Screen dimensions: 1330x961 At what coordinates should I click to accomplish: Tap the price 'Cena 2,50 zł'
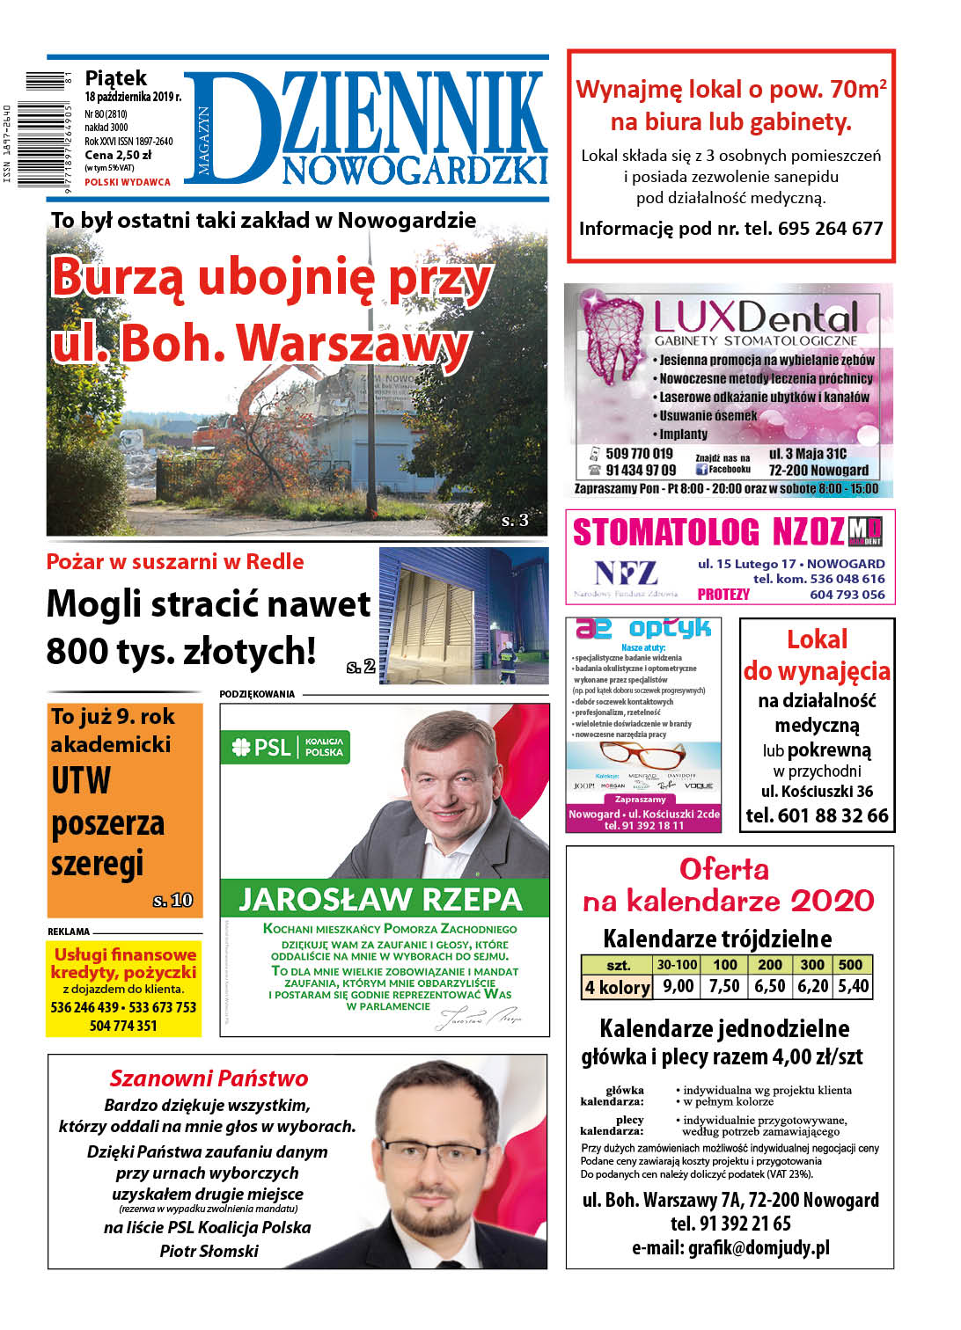coord(118,155)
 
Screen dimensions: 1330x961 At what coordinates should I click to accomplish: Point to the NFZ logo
coord(626,574)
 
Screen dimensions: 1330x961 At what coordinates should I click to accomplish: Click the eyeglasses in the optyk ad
coord(642,755)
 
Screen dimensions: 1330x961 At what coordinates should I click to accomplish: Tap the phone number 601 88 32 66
coord(817,815)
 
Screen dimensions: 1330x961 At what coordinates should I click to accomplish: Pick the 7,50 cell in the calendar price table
coord(724,986)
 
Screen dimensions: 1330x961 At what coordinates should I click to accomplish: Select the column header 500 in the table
coord(850,964)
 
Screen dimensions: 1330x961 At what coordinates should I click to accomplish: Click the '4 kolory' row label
coord(617,987)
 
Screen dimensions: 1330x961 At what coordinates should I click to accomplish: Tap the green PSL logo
coord(262,748)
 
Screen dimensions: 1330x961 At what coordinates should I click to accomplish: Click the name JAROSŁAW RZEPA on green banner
coord(381,899)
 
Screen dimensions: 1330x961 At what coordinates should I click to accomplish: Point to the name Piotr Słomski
coord(209,1251)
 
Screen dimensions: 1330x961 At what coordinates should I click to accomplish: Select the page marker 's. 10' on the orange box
coord(172,900)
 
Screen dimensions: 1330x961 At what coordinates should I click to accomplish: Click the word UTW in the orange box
coord(81,781)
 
